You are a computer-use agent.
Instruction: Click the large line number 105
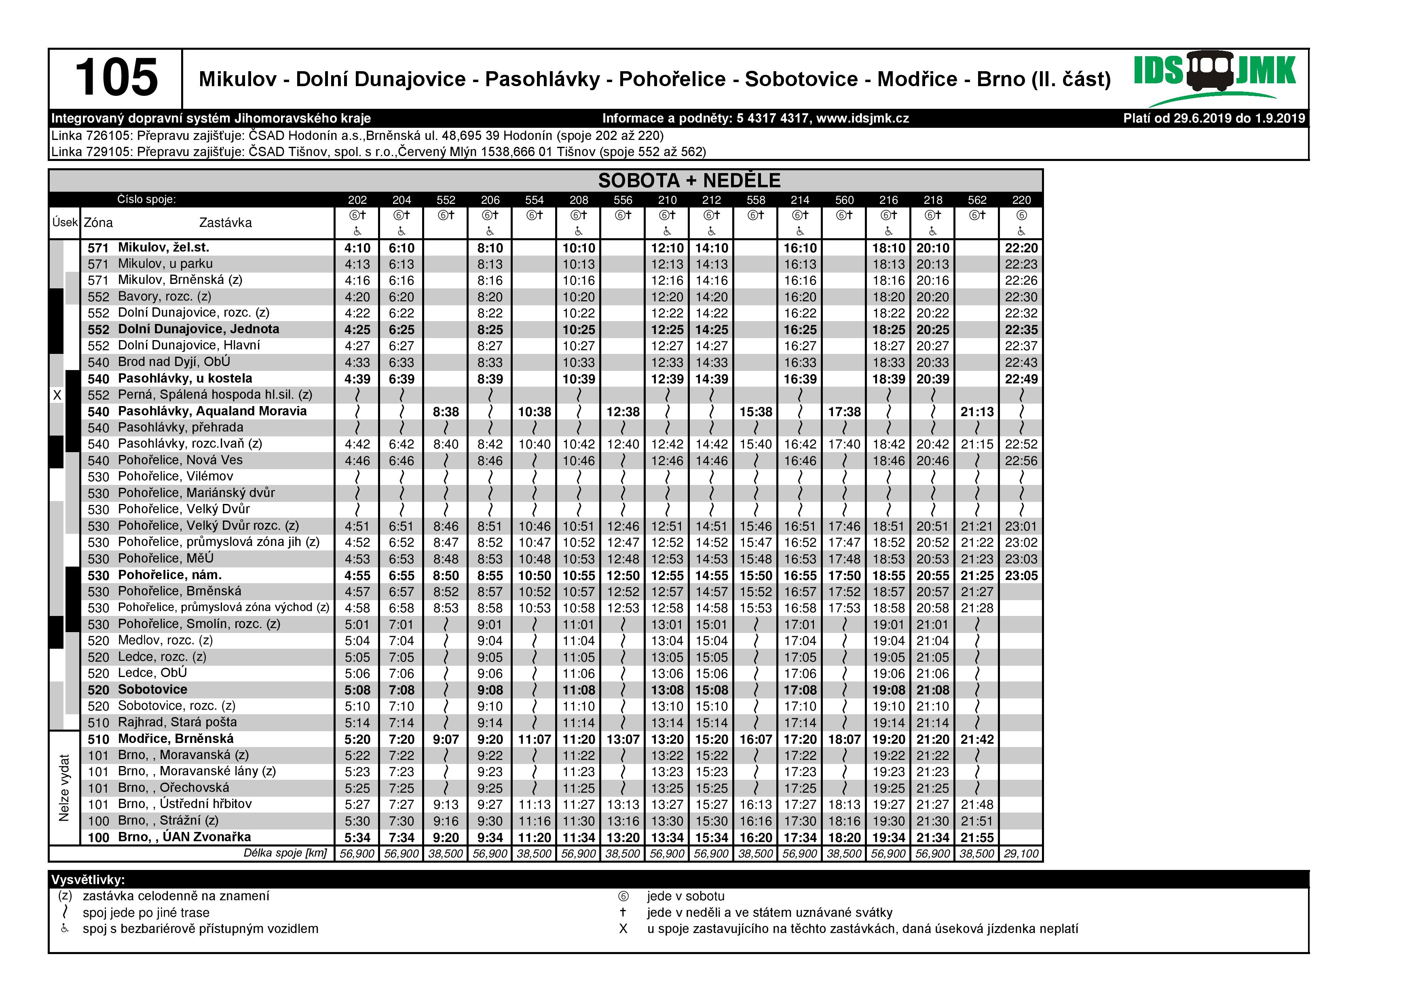point(116,78)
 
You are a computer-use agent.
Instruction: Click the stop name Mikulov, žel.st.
point(164,248)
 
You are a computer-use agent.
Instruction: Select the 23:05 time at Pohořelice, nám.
point(1021,576)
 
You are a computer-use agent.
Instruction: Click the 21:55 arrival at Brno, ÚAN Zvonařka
point(976,838)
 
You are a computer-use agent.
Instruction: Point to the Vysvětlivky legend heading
point(88,880)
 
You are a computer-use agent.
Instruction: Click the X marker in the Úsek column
point(57,395)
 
